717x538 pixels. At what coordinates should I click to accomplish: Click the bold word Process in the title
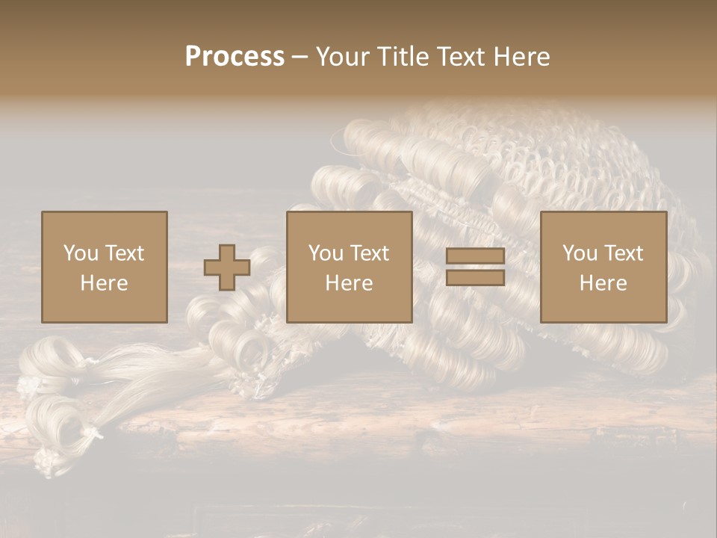point(235,56)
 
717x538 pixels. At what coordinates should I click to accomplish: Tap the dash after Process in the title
point(299,57)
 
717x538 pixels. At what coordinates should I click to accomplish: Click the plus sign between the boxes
point(227,268)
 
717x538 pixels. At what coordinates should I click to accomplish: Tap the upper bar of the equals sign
point(475,256)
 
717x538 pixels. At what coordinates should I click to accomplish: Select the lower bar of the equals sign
point(475,278)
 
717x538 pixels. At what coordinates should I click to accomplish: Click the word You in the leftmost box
point(81,253)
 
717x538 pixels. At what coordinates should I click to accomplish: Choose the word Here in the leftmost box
point(104,283)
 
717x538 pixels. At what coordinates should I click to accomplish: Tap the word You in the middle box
point(326,253)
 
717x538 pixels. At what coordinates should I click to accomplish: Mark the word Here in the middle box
point(349,283)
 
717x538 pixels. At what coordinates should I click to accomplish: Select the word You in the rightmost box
point(580,253)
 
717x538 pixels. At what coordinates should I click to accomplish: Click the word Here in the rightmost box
point(603,283)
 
